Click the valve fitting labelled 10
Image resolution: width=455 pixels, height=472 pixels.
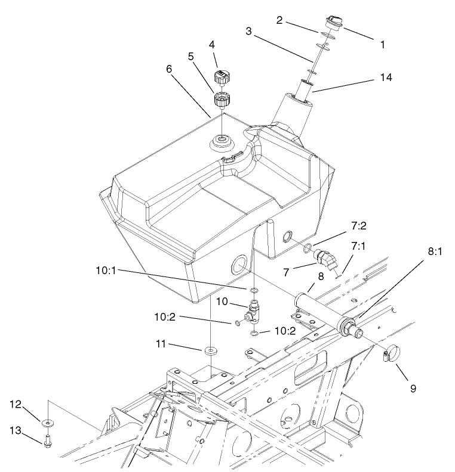253,308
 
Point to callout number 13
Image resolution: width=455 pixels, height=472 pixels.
16,430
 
